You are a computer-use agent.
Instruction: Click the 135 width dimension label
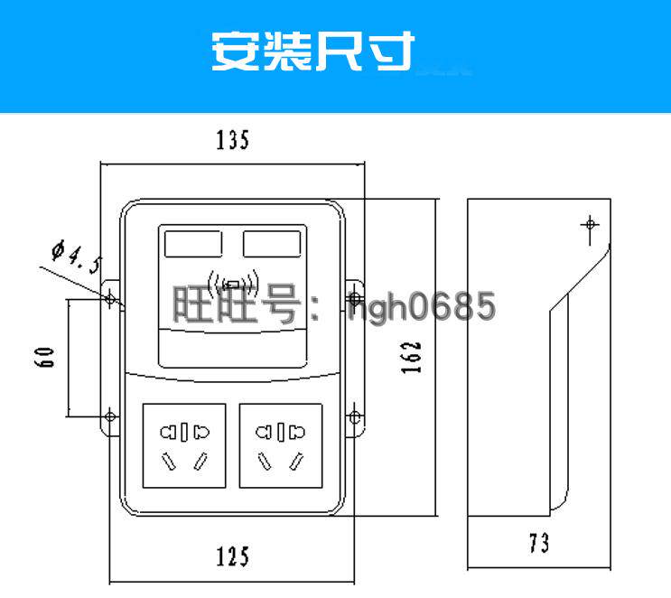(x=232, y=141)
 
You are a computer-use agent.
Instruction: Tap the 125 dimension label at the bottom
(x=232, y=556)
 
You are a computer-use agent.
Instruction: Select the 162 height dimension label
(x=412, y=360)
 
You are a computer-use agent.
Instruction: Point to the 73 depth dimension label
(x=539, y=544)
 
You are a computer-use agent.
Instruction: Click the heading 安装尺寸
(x=313, y=51)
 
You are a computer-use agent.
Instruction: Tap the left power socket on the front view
(x=183, y=446)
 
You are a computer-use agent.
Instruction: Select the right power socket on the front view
(x=280, y=446)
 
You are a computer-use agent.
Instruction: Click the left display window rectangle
(x=192, y=244)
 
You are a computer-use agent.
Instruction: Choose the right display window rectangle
(x=272, y=244)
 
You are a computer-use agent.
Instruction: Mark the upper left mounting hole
(x=110, y=297)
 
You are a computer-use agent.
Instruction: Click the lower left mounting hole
(x=110, y=416)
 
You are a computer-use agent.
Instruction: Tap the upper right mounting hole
(x=355, y=297)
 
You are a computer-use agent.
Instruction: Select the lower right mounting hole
(x=355, y=416)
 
